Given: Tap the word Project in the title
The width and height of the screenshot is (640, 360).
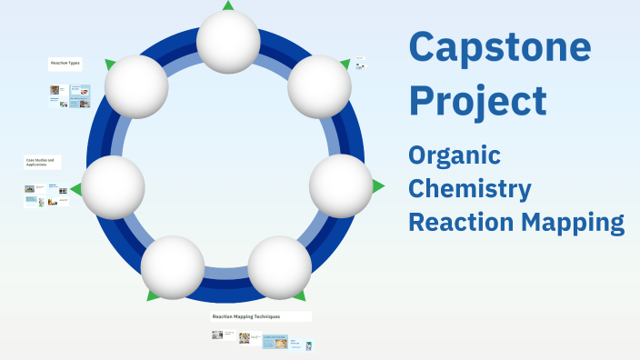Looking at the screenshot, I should tap(477, 100).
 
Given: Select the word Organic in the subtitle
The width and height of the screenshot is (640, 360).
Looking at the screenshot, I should tap(455, 155).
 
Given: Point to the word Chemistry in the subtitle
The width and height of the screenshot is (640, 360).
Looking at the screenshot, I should tap(470, 189).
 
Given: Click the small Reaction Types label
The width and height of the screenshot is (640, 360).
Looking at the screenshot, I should tap(65, 64).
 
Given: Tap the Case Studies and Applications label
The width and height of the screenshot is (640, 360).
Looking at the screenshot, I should tap(40, 163).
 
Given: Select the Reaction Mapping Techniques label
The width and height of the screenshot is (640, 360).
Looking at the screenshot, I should tap(246, 316).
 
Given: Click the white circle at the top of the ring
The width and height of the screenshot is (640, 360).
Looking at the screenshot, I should tap(228, 42).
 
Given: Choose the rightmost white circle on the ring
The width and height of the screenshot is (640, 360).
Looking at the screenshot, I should tap(341, 185).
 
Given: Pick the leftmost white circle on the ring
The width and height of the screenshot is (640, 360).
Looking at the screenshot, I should tap(114, 187).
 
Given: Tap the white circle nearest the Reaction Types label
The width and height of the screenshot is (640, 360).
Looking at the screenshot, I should tap(136, 86).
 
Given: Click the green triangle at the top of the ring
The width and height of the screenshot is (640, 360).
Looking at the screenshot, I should tap(228, 5).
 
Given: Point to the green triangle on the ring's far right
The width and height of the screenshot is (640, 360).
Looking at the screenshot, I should tap(378, 185).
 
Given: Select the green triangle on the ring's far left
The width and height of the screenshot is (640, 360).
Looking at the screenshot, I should tap(76, 189).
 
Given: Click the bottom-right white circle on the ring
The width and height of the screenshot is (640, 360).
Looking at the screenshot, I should tap(280, 267).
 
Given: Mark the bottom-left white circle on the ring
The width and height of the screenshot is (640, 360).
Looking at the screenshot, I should tap(173, 267).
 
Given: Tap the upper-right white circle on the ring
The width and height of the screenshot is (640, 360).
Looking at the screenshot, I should tap(319, 86).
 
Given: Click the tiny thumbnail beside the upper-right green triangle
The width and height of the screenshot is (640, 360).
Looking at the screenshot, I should tap(360, 64).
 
